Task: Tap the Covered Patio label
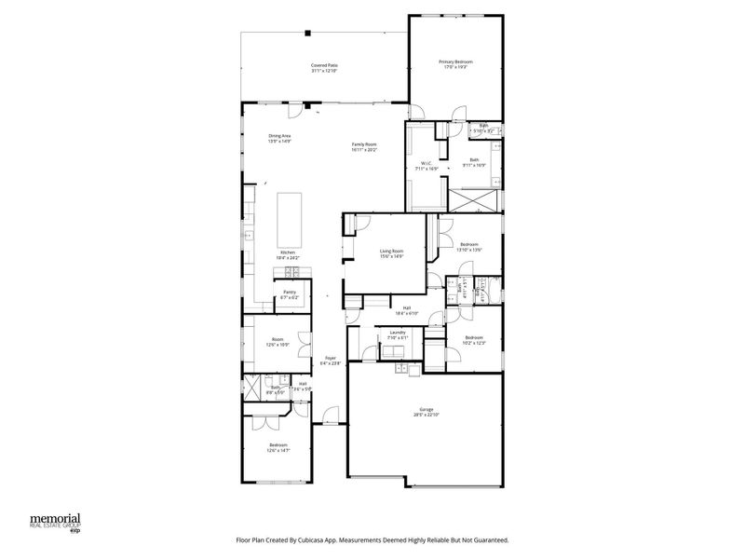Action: point(324,64)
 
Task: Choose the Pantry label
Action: point(290,293)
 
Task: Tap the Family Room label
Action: point(363,143)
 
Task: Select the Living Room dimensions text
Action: point(391,256)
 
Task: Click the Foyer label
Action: point(330,358)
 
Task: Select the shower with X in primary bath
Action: point(475,200)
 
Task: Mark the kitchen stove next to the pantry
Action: point(290,272)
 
